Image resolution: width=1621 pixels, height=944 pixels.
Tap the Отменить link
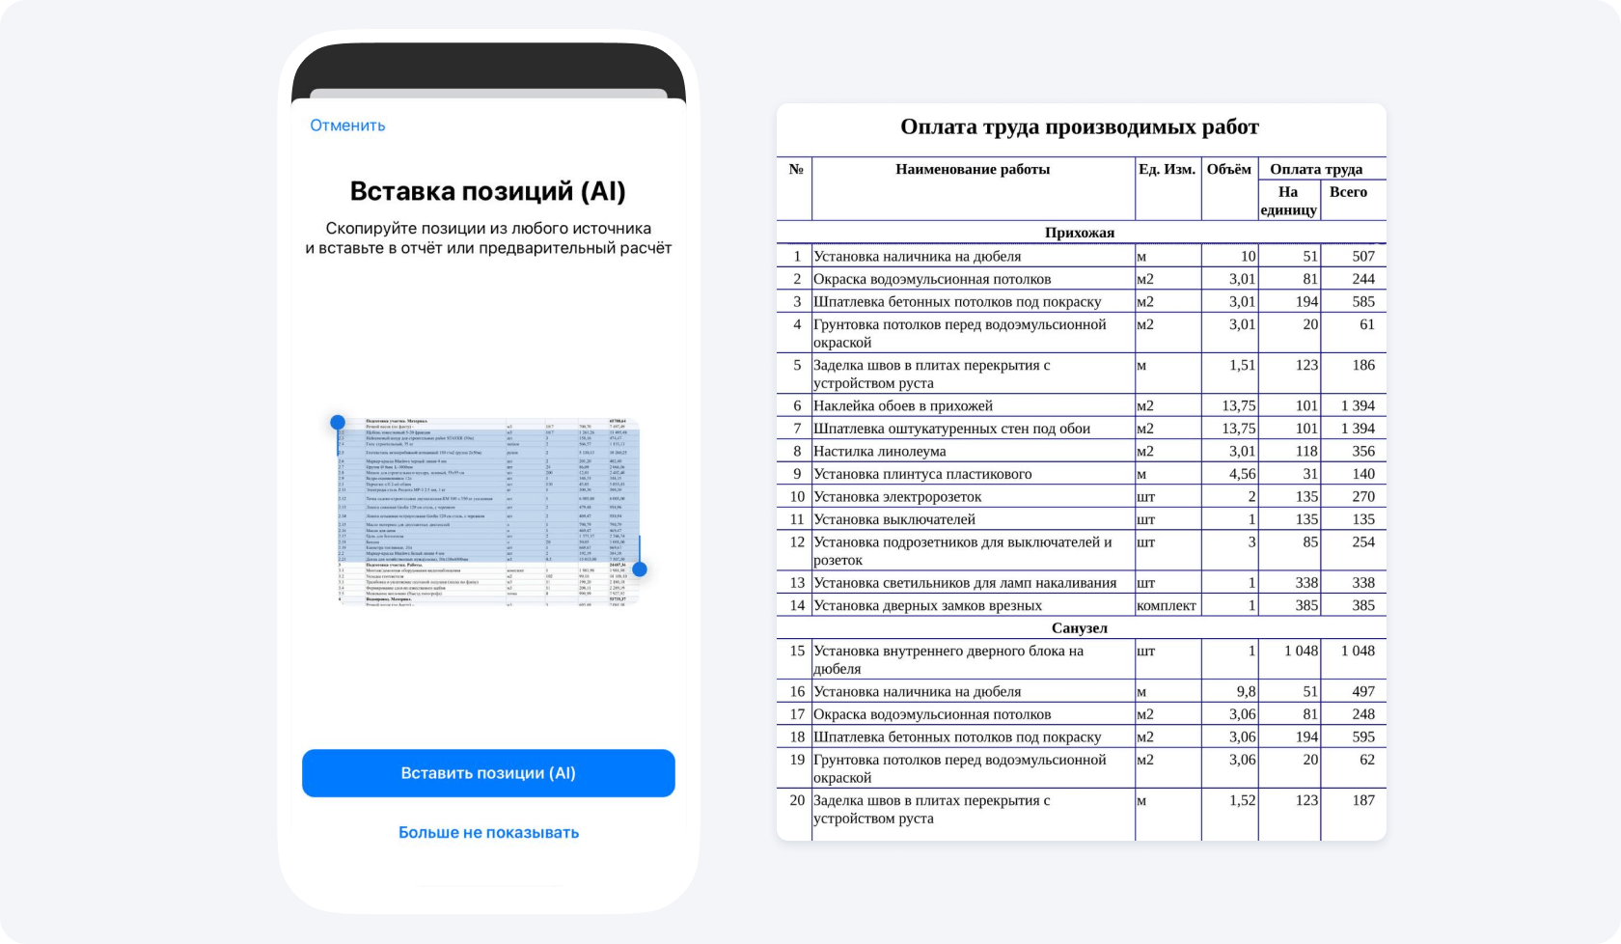tap(347, 125)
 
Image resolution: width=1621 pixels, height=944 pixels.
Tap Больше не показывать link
tap(488, 832)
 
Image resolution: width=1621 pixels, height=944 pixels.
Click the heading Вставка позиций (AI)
tap(487, 191)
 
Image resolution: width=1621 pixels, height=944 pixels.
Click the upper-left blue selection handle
tap(338, 422)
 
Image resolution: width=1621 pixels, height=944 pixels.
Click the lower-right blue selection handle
tap(639, 569)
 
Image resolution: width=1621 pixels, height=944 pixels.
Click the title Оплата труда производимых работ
tap(1079, 127)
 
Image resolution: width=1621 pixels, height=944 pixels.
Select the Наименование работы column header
tap(972, 169)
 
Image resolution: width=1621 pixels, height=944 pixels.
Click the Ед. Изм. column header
tap(1167, 169)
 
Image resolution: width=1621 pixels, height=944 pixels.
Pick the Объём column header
tap(1228, 169)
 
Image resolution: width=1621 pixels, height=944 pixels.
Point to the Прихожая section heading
tap(1079, 233)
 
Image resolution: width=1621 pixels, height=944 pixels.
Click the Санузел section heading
tap(1079, 628)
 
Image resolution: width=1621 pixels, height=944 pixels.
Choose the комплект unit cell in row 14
tap(1166, 605)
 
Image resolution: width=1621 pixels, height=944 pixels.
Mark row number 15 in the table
tap(796, 651)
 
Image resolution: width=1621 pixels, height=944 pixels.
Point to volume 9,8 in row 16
tap(1246, 691)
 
